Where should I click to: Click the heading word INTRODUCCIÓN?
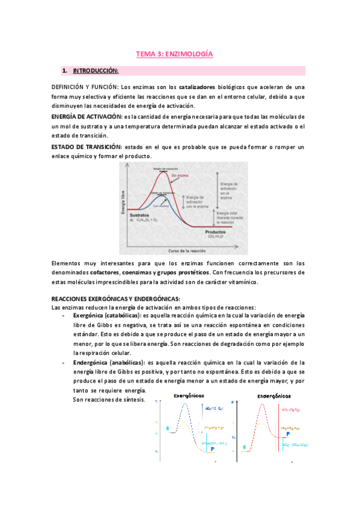(x=96, y=71)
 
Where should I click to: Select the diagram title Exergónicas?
(x=189, y=396)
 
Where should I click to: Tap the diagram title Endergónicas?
(x=275, y=397)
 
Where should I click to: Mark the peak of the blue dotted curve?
(x=188, y=405)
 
